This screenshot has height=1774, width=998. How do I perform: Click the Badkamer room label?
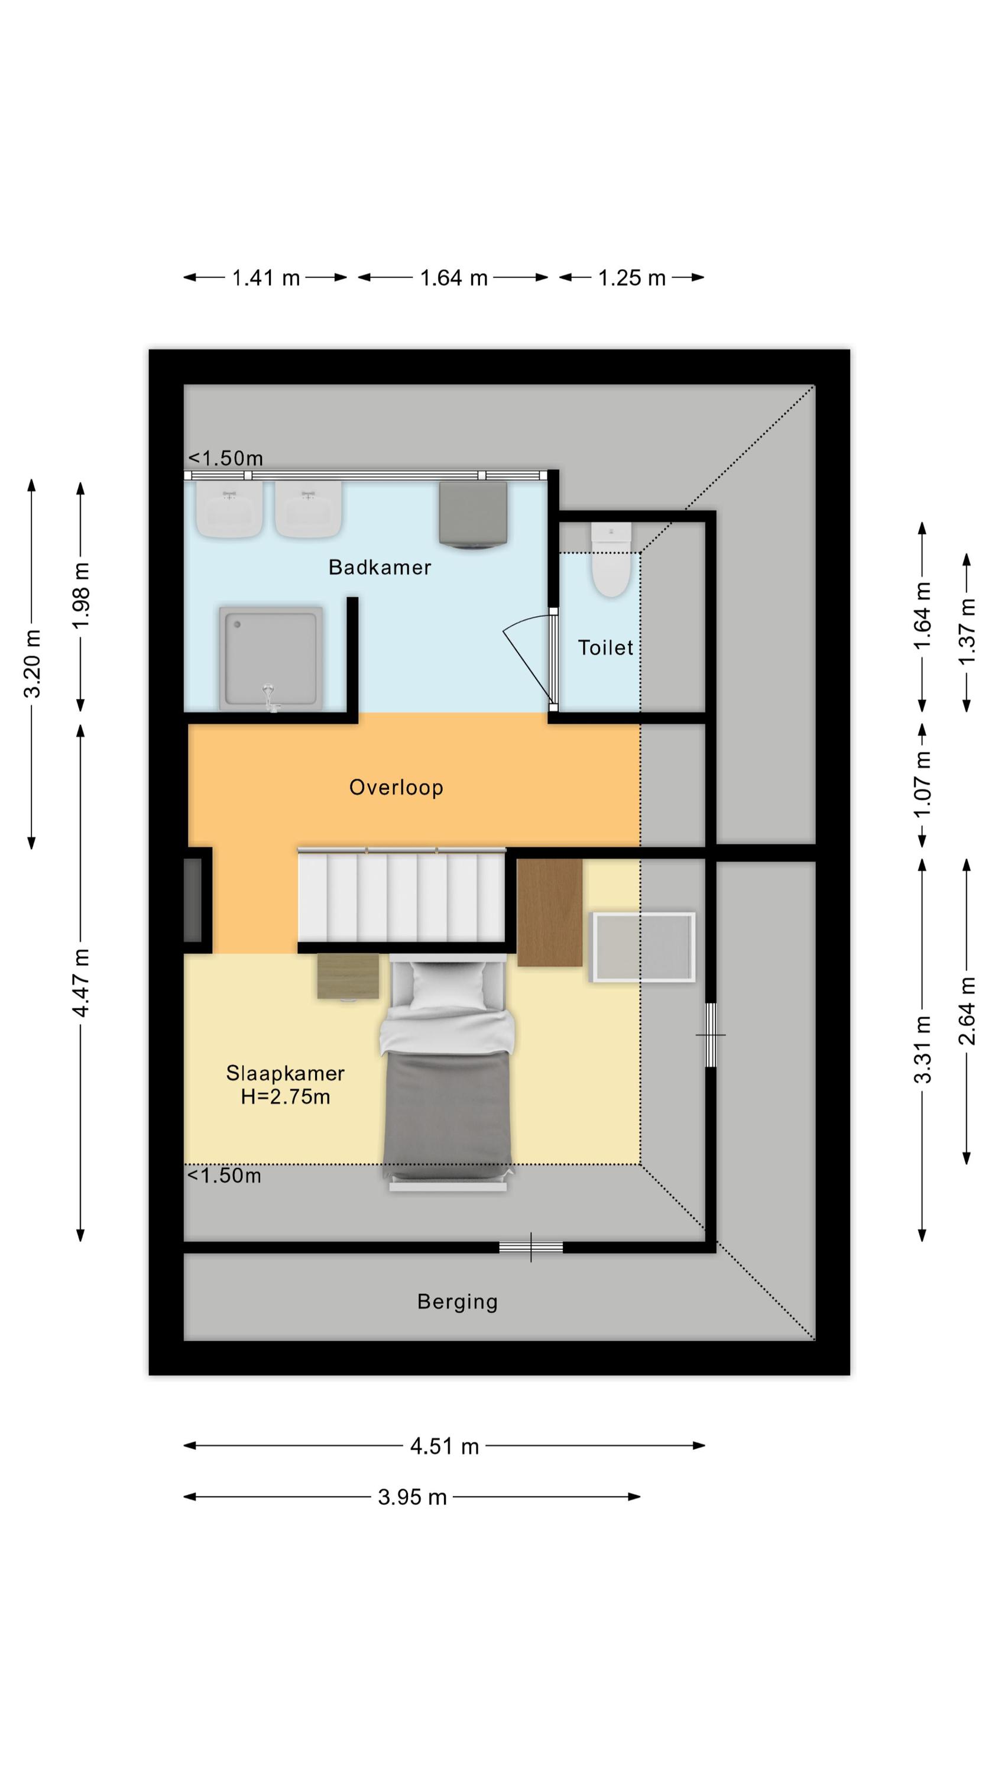[380, 568]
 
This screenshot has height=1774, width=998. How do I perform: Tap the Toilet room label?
[605, 648]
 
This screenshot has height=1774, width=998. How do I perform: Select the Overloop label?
[396, 787]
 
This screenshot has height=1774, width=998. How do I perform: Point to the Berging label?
[458, 1302]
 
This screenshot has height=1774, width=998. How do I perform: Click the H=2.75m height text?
[285, 1097]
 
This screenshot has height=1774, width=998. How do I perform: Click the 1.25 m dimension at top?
[631, 277]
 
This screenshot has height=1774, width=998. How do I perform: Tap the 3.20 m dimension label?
[33, 664]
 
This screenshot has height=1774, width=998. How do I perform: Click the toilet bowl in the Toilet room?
[611, 559]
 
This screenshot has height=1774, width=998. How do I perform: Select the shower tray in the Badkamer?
[271, 658]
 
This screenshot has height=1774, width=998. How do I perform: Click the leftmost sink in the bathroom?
[229, 509]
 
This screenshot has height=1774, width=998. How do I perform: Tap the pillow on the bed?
[448, 986]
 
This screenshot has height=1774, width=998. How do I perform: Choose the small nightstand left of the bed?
[348, 976]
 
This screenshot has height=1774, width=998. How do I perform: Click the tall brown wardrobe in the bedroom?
[550, 912]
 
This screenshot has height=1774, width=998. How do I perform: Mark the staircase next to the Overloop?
[401, 895]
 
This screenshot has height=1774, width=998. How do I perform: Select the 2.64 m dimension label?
[967, 1011]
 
